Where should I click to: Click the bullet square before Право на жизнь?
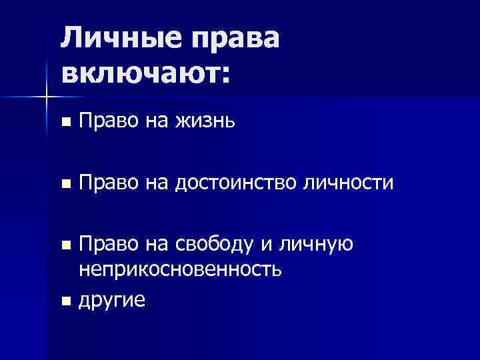[x=65, y=123]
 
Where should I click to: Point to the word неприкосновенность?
[x=180, y=269]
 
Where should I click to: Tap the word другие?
[x=111, y=300]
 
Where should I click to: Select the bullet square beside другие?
[x=65, y=301]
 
